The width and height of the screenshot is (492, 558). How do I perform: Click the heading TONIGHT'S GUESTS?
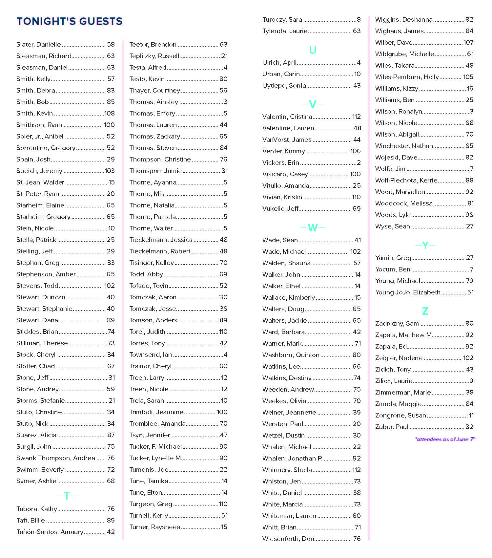click(x=70, y=21)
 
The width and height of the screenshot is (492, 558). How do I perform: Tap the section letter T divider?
click(x=67, y=496)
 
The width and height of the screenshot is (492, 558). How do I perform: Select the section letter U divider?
click(x=313, y=50)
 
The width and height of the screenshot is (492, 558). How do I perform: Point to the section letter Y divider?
click(x=425, y=245)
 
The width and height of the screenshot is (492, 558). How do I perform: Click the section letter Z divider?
click(x=425, y=311)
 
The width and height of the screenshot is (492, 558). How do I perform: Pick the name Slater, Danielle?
click(x=39, y=44)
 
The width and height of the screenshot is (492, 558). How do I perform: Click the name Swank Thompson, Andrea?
click(x=56, y=458)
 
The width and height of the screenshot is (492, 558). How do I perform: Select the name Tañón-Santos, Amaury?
click(x=50, y=532)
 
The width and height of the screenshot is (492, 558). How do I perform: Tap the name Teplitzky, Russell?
click(x=154, y=56)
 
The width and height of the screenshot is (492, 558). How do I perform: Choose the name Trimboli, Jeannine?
click(x=156, y=412)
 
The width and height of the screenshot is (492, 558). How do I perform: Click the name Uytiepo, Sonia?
click(x=284, y=85)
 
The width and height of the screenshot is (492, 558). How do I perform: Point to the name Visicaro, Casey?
click(x=285, y=174)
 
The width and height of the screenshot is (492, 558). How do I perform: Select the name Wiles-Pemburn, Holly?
click(x=407, y=77)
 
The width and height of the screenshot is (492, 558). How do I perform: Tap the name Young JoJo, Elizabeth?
click(x=408, y=292)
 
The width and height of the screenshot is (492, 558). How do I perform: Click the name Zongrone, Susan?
click(x=400, y=415)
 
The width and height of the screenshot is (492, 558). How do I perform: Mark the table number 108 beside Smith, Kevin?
click(x=110, y=113)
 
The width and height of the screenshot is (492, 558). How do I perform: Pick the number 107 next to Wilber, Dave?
click(x=468, y=42)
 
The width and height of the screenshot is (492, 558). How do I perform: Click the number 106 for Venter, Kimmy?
click(x=355, y=151)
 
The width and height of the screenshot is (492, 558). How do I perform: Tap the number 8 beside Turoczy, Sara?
click(x=359, y=19)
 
